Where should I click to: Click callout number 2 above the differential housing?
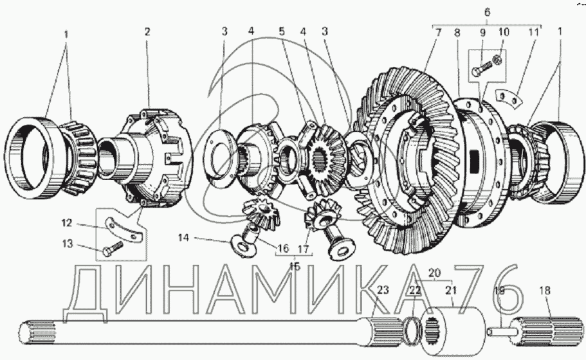click(147, 32)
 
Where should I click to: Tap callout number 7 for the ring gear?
click(439, 32)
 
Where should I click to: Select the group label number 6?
click(487, 12)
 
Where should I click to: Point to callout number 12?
click(66, 223)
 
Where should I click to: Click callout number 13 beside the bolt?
click(68, 244)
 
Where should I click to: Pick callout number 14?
click(183, 237)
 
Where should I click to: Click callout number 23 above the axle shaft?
click(383, 290)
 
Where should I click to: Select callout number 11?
click(534, 32)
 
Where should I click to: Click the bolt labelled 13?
click(113, 248)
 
